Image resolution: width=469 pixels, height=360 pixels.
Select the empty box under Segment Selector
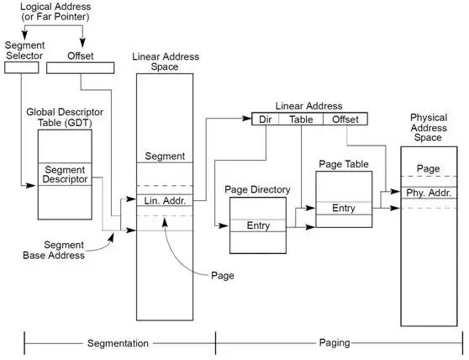(22, 67)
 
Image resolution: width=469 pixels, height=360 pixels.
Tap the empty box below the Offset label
(80, 67)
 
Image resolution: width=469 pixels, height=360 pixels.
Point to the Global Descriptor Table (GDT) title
(65, 118)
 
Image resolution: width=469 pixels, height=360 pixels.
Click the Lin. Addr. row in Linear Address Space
(164, 200)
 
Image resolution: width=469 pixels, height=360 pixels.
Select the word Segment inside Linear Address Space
(164, 156)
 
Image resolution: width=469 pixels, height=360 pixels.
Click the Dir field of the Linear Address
(266, 119)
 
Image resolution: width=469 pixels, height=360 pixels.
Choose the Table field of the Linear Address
(301, 119)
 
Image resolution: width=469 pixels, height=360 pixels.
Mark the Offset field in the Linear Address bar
(345, 119)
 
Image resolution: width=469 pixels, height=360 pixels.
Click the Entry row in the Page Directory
(257, 225)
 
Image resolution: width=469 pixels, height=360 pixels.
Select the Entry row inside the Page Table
(343, 206)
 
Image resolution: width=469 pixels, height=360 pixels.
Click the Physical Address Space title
(429, 127)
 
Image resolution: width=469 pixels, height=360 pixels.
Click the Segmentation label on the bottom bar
(119, 343)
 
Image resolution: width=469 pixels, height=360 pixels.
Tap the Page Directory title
(257, 190)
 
